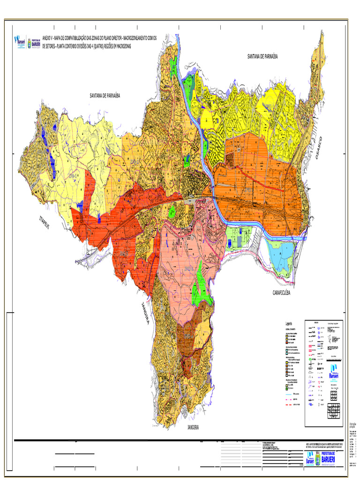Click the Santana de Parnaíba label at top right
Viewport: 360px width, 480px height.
point(262,56)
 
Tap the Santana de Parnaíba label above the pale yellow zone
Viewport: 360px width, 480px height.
point(105,95)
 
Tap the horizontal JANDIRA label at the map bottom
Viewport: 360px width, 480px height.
point(193,427)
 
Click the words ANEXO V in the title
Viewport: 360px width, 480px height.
point(47,37)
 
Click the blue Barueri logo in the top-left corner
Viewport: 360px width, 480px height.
point(20,42)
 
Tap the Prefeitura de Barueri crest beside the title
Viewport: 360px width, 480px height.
point(35,43)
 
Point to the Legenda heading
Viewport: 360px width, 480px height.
point(288,324)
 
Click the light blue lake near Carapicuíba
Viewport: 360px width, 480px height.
point(281,255)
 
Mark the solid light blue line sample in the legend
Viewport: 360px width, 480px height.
point(290,394)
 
